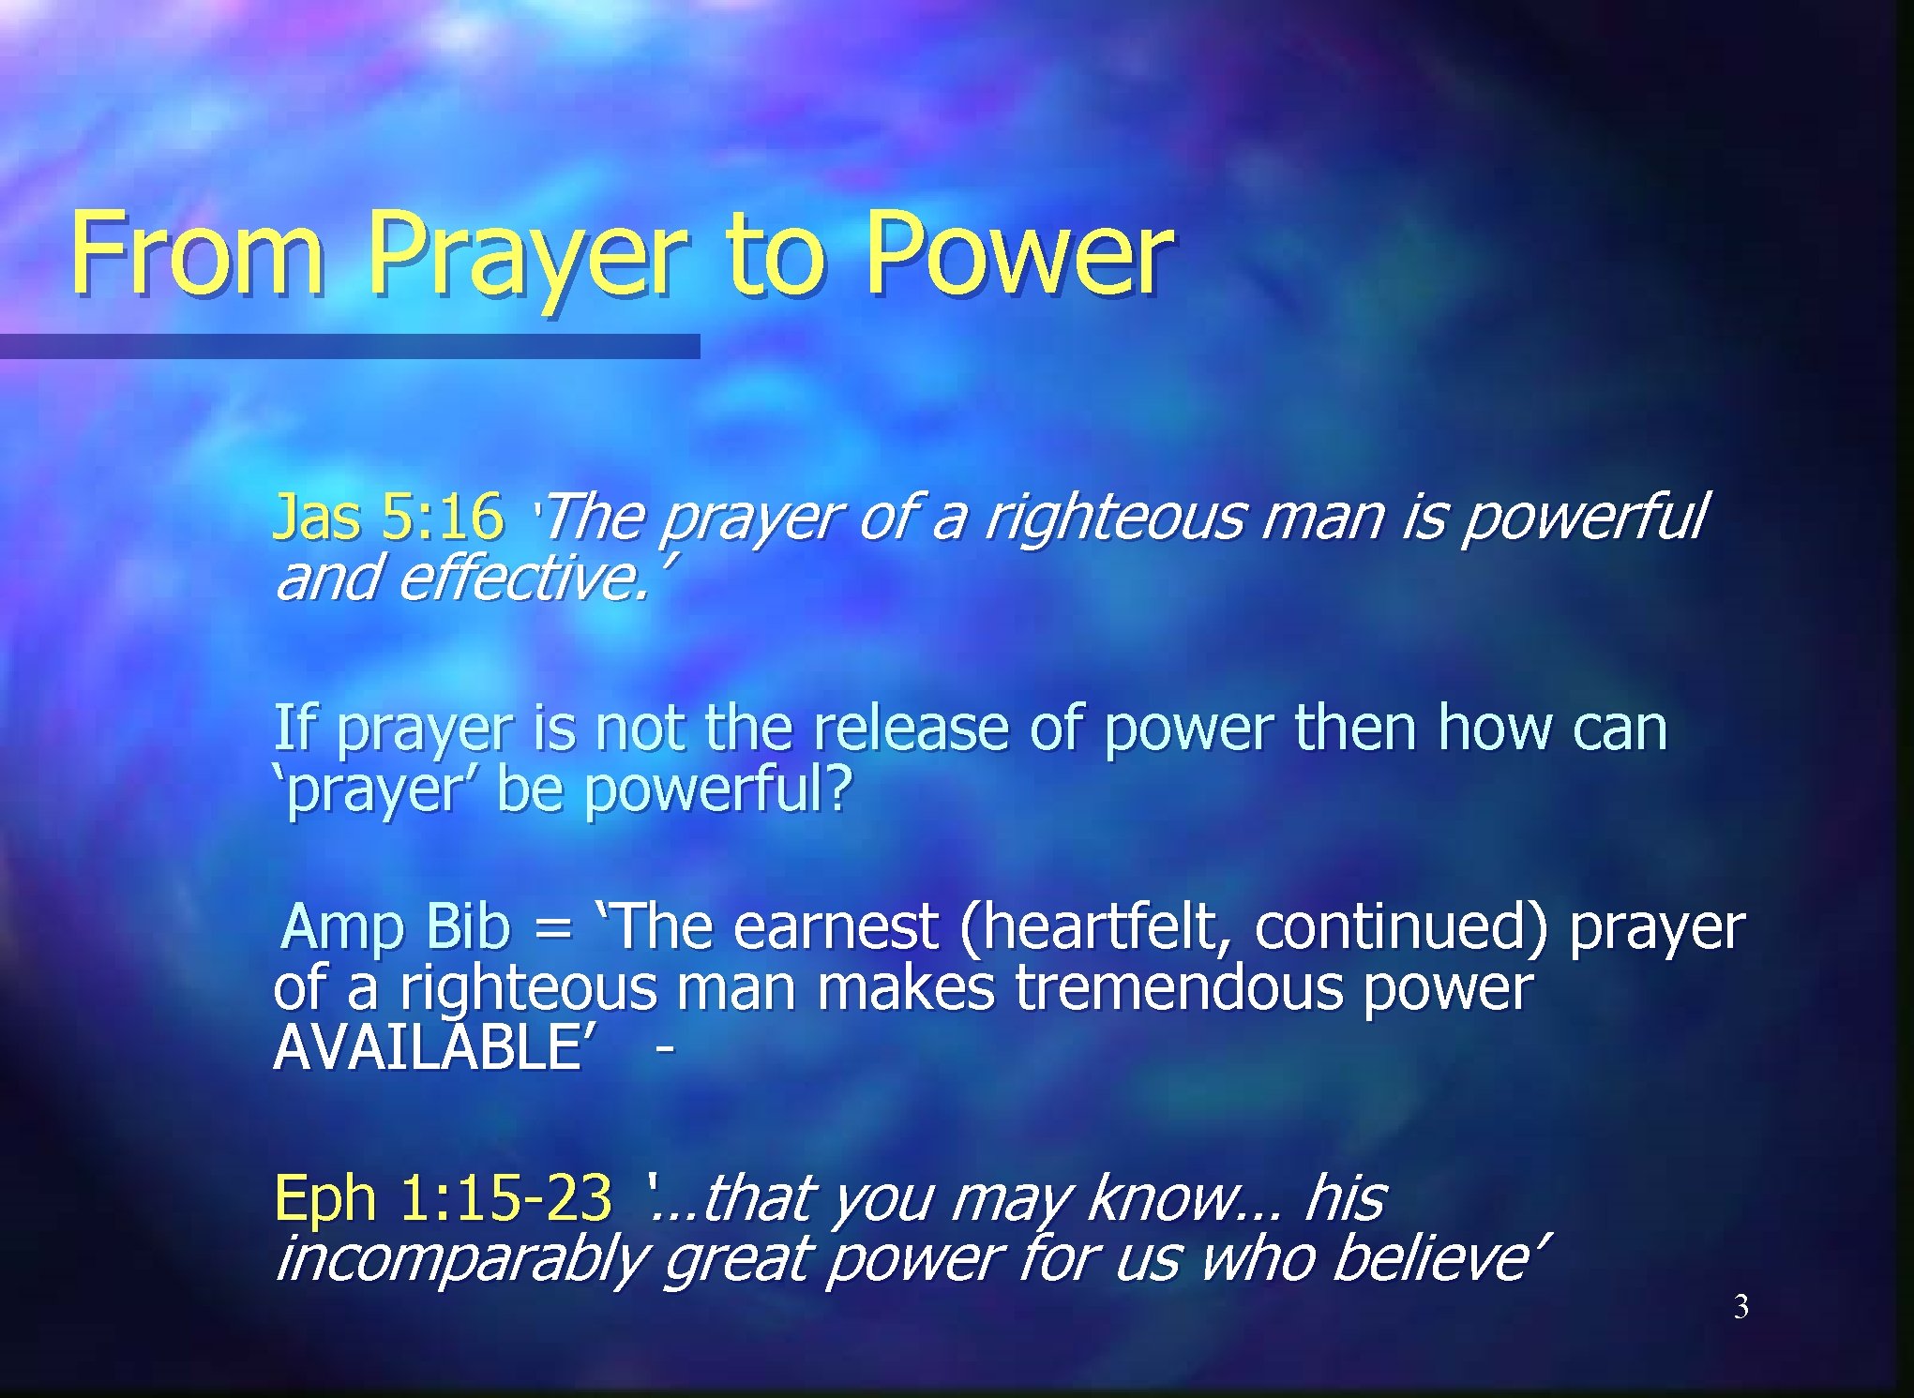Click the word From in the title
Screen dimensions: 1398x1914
pyautogui.click(x=197, y=253)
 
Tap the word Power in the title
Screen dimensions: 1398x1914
pyautogui.click(x=1017, y=253)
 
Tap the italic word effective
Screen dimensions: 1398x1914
pyautogui.click(x=521, y=579)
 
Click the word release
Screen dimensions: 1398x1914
pyautogui.click(x=910, y=729)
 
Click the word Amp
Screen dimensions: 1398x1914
pyautogui.click(x=343, y=926)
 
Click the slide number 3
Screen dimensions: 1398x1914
pyautogui.click(x=1741, y=1307)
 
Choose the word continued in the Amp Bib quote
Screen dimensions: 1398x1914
pyautogui.click(x=1401, y=926)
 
